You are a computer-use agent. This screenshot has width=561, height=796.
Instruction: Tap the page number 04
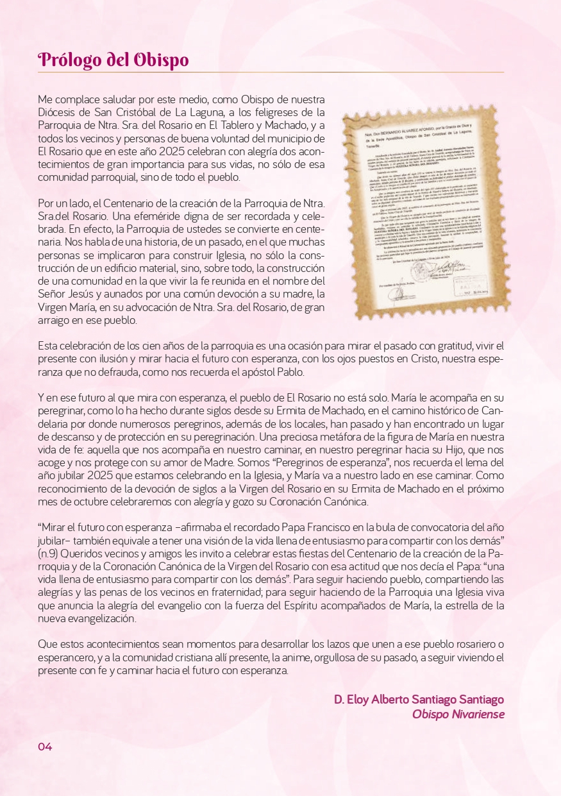pyautogui.click(x=44, y=747)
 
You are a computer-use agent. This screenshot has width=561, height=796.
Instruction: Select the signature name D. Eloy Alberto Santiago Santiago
pyautogui.click(x=419, y=699)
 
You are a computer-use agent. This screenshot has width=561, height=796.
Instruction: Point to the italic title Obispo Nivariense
pyautogui.click(x=458, y=714)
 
